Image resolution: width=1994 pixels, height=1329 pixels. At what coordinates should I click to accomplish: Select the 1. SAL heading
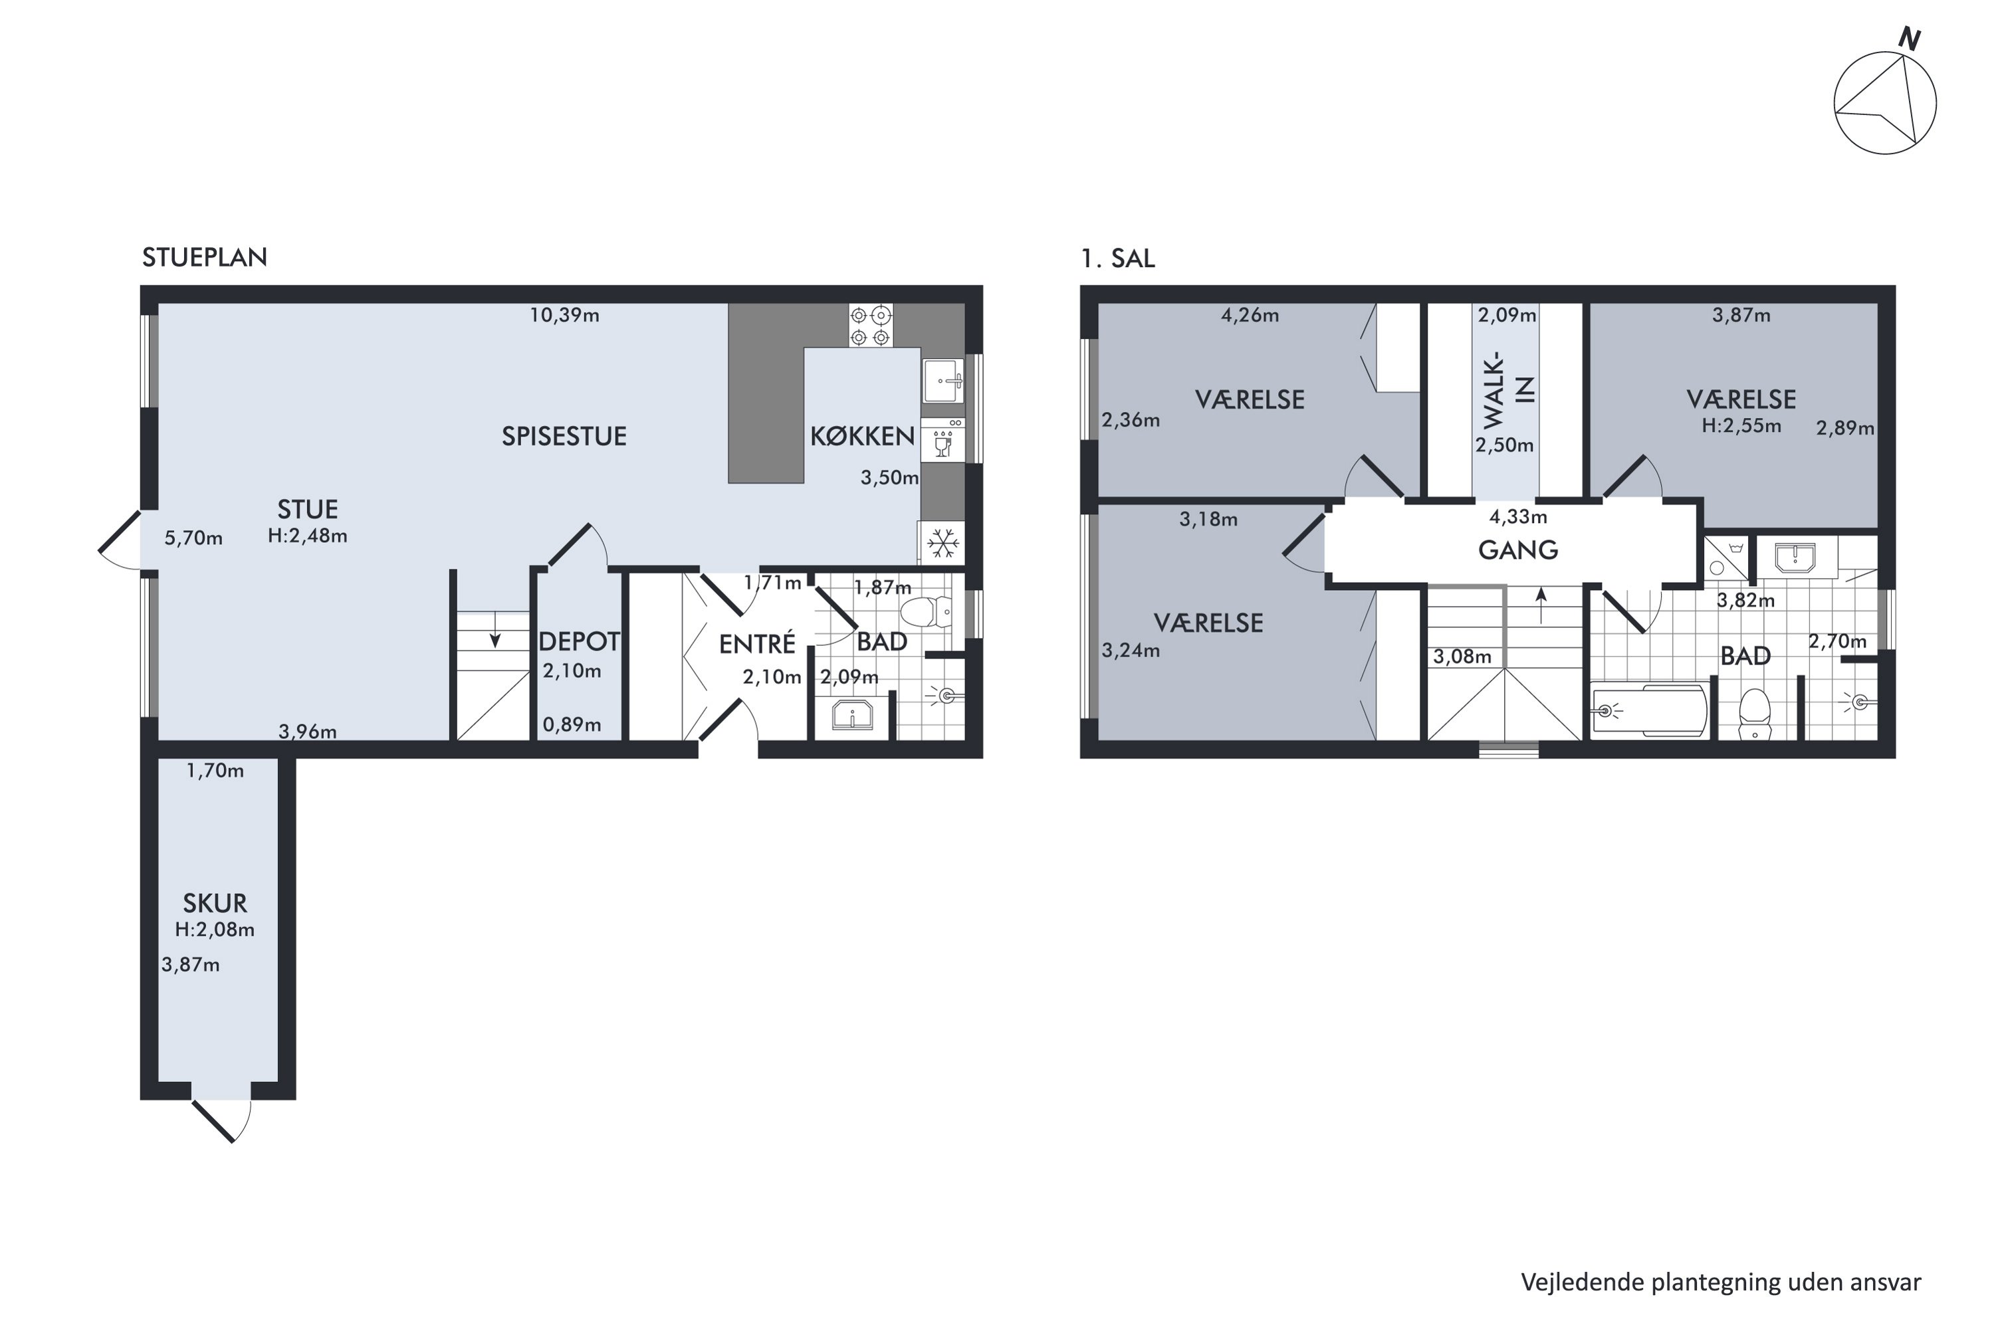1117,258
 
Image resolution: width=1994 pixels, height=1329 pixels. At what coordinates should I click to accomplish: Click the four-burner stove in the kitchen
871,326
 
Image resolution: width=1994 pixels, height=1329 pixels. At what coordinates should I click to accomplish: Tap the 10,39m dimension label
564,315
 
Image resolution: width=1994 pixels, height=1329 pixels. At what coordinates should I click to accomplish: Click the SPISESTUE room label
564,437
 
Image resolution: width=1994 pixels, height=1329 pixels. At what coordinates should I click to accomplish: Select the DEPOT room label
580,642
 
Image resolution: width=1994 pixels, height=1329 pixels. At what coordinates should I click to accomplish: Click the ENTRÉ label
757,644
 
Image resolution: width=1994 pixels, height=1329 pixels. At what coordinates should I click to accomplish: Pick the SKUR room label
215,904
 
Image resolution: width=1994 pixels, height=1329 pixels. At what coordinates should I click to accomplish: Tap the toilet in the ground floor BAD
926,611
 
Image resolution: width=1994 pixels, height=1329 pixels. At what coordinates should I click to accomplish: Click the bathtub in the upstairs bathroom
1648,710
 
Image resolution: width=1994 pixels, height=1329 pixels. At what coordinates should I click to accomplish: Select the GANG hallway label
1517,550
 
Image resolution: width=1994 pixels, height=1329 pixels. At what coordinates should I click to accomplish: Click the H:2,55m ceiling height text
1741,425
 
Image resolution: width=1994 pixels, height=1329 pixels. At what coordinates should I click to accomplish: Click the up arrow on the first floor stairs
1541,606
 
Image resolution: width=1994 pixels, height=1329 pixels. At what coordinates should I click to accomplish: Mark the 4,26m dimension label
1250,315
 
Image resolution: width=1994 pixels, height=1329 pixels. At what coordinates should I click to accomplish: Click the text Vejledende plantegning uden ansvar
1721,1282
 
